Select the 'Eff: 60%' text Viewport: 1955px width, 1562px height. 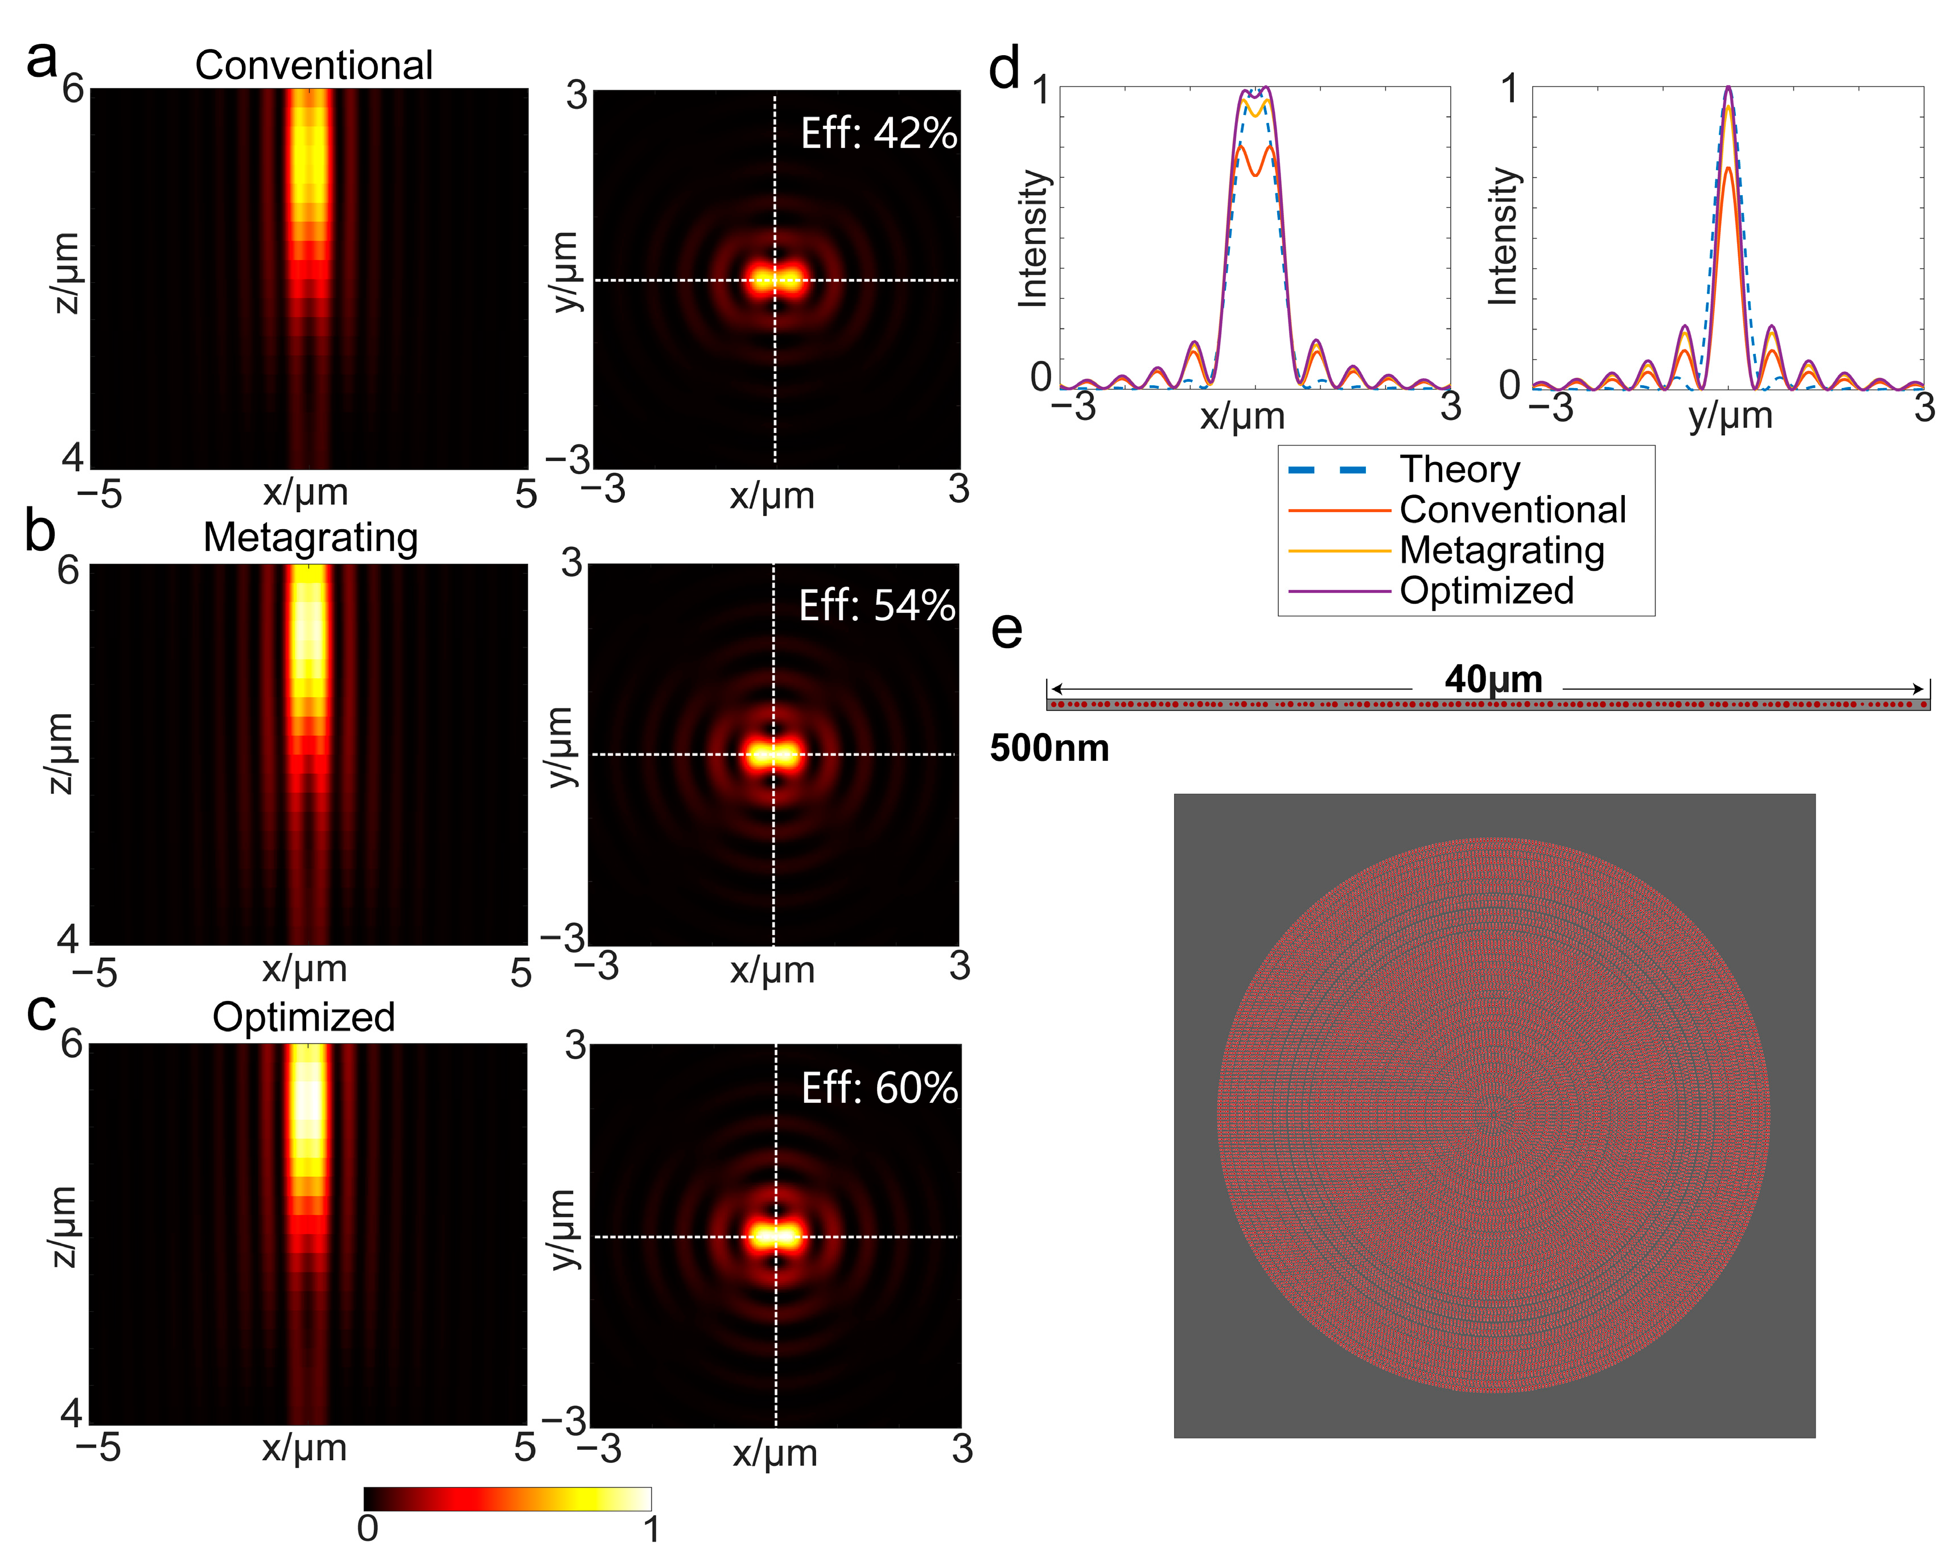879,1088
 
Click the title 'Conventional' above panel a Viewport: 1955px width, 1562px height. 314,65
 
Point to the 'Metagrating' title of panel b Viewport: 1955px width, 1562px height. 310,538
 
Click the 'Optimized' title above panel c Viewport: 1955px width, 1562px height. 304,1017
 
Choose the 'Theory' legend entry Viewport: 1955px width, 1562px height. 1459,469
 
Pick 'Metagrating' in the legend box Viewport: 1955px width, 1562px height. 1501,550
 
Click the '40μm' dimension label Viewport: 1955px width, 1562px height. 1492,679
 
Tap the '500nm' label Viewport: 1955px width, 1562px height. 1049,749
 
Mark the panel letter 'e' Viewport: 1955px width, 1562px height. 1006,629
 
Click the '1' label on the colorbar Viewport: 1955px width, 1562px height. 651,1530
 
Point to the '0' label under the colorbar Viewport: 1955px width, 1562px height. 367,1528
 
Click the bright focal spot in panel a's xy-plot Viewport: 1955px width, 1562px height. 775,280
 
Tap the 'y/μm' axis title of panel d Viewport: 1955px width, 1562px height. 1730,416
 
